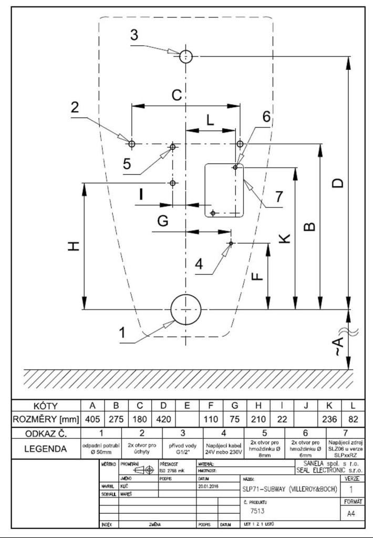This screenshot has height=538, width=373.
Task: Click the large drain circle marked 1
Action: (x=185, y=309)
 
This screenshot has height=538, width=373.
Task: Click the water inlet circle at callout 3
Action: (x=185, y=56)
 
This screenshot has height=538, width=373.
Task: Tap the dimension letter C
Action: (x=177, y=95)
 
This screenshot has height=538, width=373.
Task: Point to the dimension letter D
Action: (x=339, y=182)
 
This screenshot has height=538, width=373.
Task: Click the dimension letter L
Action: (x=210, y=120)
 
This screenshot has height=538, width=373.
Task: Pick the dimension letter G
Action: (x=163, y=222)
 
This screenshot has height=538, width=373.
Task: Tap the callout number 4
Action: (x=199, y=263)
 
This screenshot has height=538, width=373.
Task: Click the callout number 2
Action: (x=76, y=107)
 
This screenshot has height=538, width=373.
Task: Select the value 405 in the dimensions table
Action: (x=92, y=419)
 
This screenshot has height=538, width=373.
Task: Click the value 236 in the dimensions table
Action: (x=329, y=419)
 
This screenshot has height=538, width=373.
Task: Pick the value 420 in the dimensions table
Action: (x=163, y=419)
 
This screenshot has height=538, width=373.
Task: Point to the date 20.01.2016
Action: (x=212, y=486)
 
